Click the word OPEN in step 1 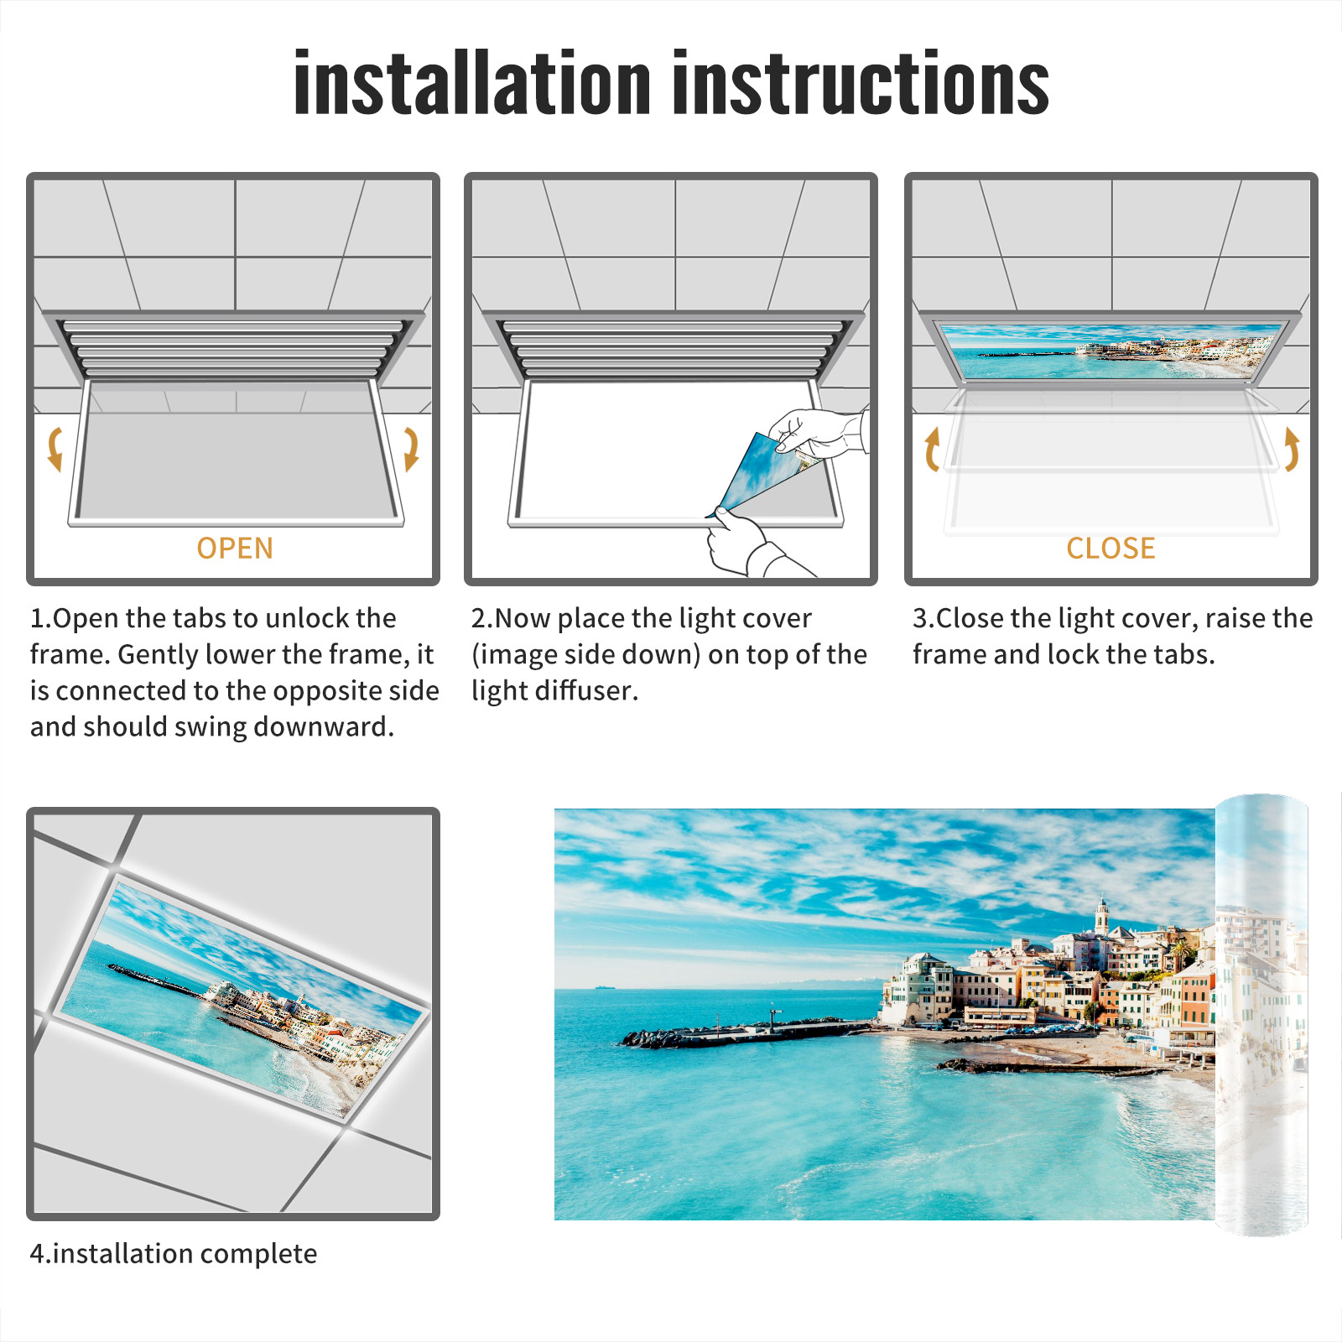coord(235,549)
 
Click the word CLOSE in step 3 coord(1111,549)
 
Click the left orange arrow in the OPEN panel coord(55,449)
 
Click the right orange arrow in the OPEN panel coord(411,449)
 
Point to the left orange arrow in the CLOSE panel coord(932,449)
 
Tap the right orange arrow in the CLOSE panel coord(1292,449)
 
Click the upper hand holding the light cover coord(818,432)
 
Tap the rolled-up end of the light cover coord(1261,1015)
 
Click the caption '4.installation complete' coord(174,1254)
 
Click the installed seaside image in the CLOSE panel coord(1111,351)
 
